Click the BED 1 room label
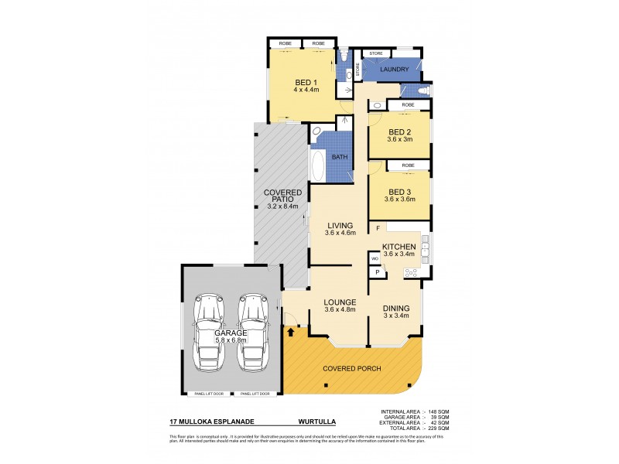click(305, 82)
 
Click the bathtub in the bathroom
click(317, 165)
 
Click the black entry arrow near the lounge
click(291, 333)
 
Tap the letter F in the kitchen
click(378, 228)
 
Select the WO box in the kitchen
click(374, 258)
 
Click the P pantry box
click(377, 271)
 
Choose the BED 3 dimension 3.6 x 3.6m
click(399, 200)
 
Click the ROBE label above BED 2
click(408, 104)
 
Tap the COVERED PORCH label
click(352, 368)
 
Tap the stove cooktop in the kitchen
click(411, 271)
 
